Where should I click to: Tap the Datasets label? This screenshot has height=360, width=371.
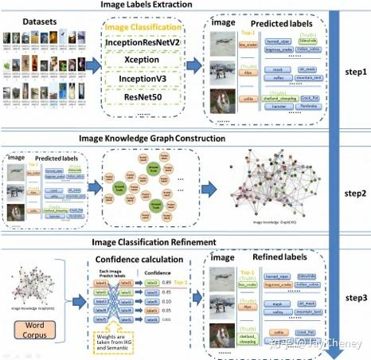pyautogui.click(x=38, y=18)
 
